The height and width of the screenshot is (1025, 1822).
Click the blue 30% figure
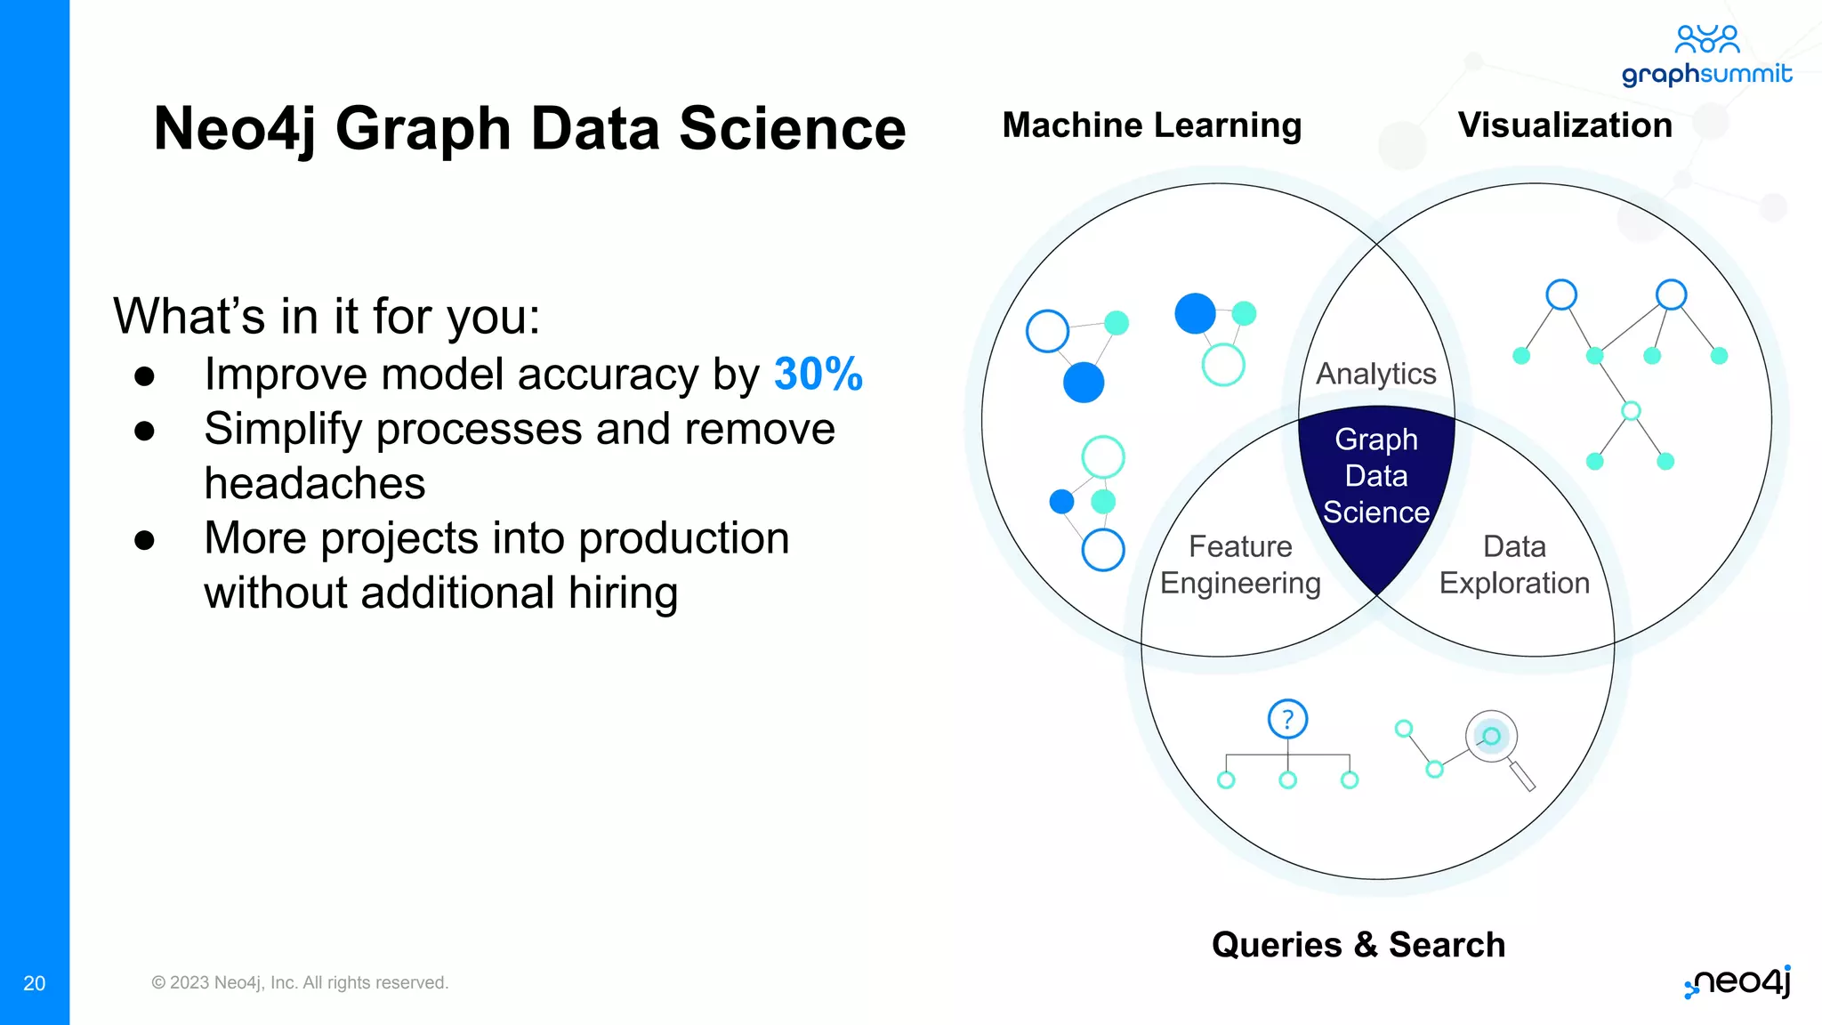[x=818, y=374]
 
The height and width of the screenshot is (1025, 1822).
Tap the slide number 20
[x=34, y=983]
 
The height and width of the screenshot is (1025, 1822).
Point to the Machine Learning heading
[x=1151, y=125]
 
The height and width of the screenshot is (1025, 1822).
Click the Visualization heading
[x=1565, y=125]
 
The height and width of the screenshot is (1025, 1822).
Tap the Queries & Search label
[x=1358, y=945]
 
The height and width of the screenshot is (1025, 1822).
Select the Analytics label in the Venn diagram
[x=1375, y=374]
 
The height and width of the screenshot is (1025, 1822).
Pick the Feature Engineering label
[x=1240, y=565]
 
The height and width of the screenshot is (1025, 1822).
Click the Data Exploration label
[x=1514, y=565]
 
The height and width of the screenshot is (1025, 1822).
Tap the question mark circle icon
[x=1287, y=719]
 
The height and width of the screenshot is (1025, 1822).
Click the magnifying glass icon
[x=1496, y=744]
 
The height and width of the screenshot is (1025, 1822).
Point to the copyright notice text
[x=300, y=983]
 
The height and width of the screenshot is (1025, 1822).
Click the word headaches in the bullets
[x=314, y=484]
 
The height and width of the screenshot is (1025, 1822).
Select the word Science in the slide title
[x=792, y=129]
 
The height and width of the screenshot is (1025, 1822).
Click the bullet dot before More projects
[x=144, y=540]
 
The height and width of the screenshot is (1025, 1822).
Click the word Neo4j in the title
[x=235, y=129]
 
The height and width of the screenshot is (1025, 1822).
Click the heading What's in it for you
[x=327, y=316]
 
